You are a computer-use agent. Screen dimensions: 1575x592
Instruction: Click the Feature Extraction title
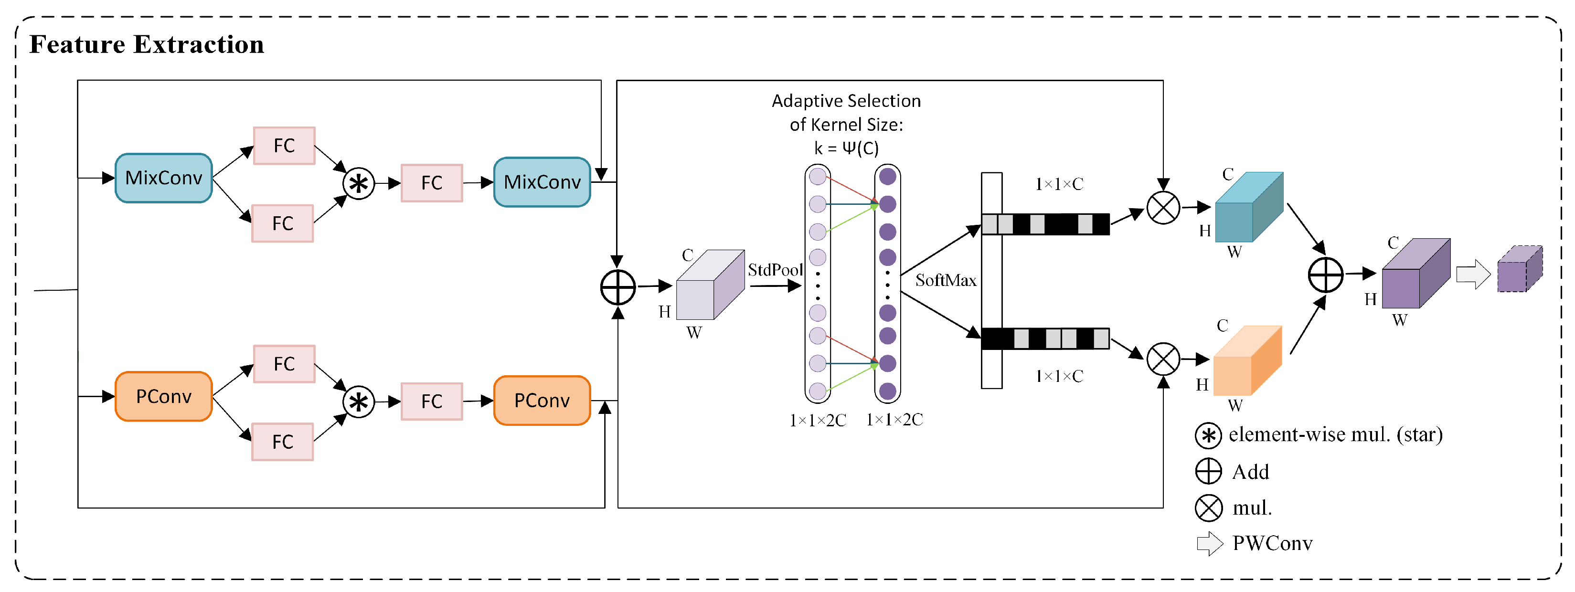point(147,44)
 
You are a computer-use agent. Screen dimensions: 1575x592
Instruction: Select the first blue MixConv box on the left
point(164,178)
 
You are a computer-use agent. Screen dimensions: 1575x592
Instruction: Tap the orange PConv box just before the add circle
point(542,400)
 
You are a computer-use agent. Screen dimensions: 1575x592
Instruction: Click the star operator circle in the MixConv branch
point(358,183)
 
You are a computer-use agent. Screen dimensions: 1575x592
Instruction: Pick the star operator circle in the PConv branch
point(358,402)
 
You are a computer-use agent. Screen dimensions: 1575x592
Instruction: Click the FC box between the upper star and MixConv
point(432,183)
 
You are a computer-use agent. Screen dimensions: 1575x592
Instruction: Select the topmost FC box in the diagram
point(284,146)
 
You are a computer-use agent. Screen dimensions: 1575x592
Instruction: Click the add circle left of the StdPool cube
point(618,287)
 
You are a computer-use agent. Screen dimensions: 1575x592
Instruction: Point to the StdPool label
point(775,269)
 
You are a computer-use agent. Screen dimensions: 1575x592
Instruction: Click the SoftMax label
point(946,280)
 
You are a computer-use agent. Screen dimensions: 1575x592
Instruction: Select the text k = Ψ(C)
point(846,148)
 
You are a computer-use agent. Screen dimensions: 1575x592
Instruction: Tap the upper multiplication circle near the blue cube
point(1163,208)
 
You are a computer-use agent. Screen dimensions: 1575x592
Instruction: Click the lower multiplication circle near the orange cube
point(1163,359)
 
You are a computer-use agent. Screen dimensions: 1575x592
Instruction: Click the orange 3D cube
point(1247,360)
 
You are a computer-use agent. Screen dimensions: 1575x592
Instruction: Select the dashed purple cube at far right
point(1520,269)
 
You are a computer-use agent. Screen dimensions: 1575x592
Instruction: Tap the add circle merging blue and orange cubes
point(1326,275)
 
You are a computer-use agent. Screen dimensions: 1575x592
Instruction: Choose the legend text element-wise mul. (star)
point(1336,434)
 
